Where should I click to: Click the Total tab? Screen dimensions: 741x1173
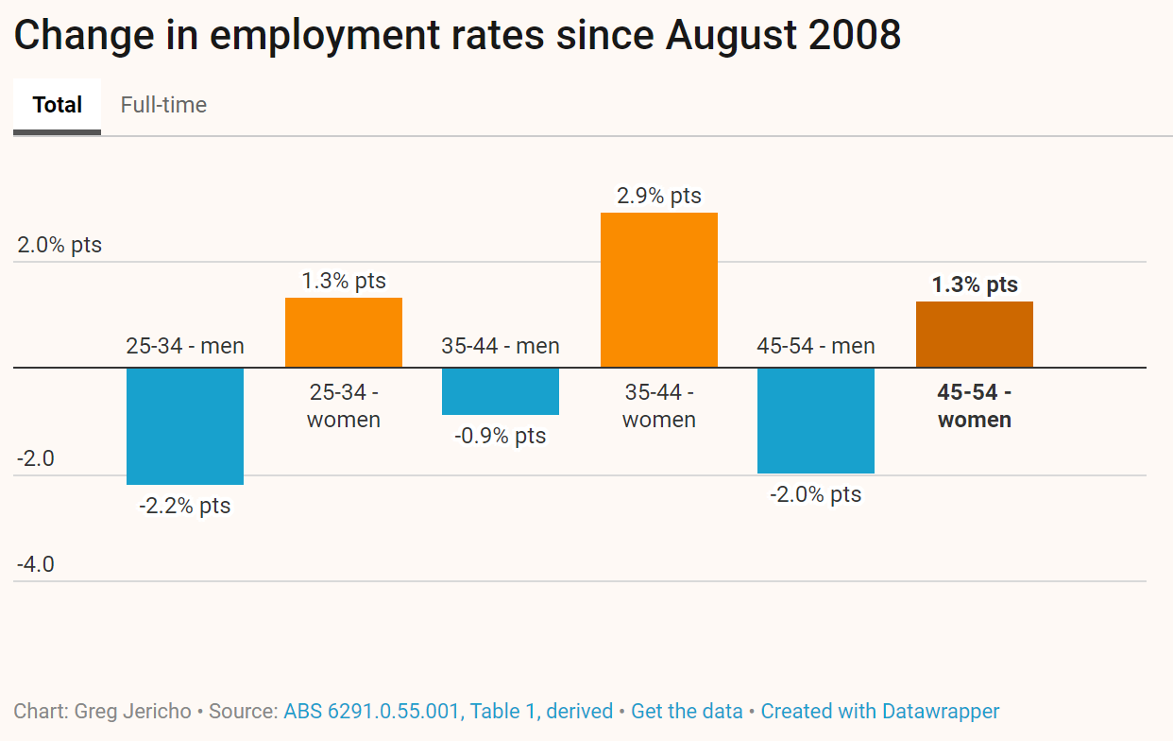[x=58, y=105]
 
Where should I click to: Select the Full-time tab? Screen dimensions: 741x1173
[x=163, y=105]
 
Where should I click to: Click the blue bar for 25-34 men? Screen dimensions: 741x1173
[x=185, y=425]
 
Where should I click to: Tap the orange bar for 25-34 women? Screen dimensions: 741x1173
[x=344, y=333]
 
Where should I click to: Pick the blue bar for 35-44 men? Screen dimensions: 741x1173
[x=501, y=390]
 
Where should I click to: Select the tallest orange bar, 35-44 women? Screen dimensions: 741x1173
[x=659, y=290]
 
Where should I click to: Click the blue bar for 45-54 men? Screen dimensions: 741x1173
[x=816, y=420]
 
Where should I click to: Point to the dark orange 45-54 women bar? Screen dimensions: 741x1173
[x=975, y=335]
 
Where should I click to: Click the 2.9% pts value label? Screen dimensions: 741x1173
[x=659, y=196]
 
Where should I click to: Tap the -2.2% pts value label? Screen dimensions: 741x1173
[x=185, y=506]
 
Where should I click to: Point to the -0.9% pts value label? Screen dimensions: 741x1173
[x=501, y=436]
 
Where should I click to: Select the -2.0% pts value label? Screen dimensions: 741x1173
[x=816, y=494]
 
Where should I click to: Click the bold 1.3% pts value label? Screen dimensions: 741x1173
[x=975, y=284]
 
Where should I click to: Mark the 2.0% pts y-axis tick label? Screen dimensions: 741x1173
[x=59, y=245]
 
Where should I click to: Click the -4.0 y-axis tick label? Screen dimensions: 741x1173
[x=36, y=564]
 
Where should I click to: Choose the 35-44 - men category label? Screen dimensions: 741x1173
[x=501, y=346]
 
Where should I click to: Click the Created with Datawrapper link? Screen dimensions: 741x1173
[x=880, y=711]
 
